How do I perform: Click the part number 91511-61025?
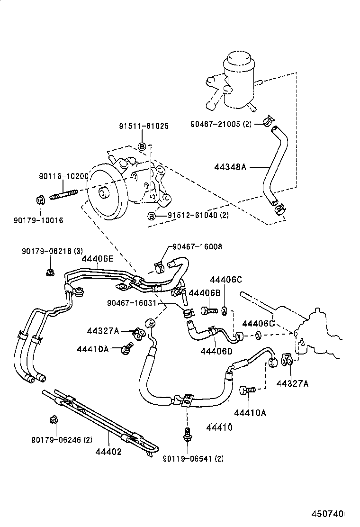pos(144,126)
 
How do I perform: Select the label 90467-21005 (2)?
pos(221,124)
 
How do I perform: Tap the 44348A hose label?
pos(231,166)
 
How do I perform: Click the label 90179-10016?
pos(38,220)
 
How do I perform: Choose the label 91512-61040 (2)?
pos(198,216)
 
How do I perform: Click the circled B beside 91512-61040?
pos(152,216)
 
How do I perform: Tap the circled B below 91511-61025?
pos(141,146)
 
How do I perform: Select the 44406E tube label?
pos(98,259)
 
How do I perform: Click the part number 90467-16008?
pos(197,247)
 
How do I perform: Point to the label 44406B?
pos(205,293)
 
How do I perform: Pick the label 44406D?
pos(216,351)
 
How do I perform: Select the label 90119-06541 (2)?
pos(193,458)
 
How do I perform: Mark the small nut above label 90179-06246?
pos(54,419)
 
